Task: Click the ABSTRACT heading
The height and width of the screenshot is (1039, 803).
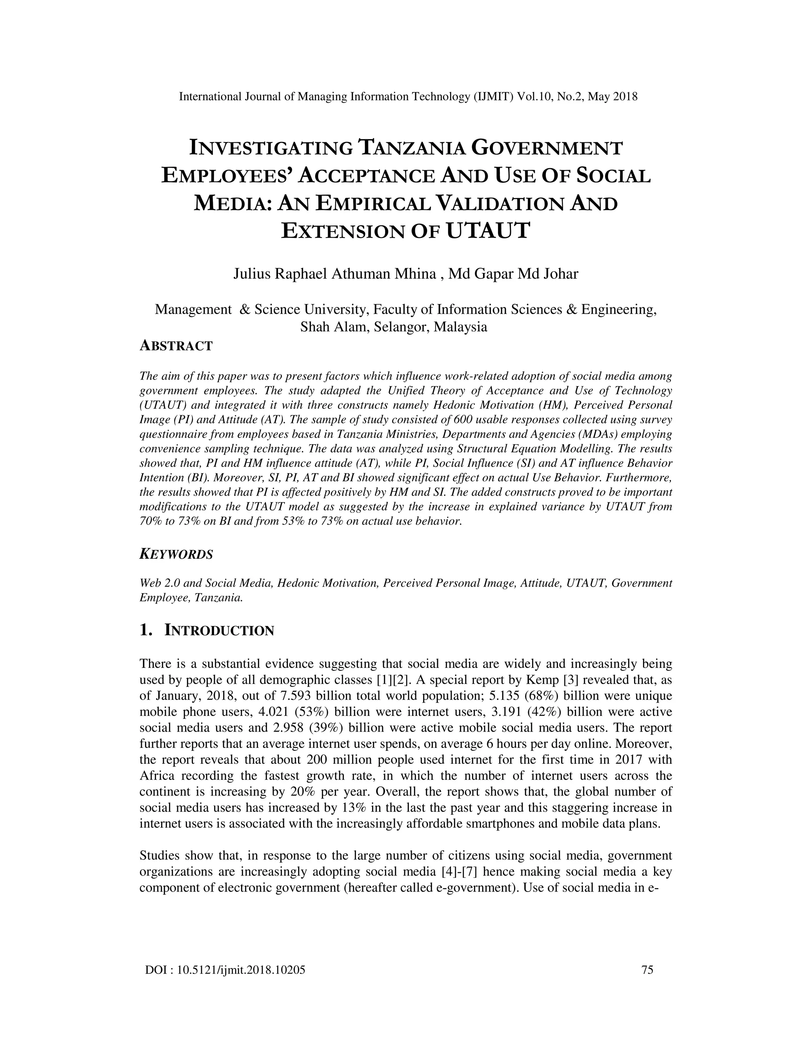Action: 176,346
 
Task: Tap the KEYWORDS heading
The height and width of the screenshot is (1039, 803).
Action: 176,554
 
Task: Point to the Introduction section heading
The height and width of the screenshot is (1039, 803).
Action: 219,630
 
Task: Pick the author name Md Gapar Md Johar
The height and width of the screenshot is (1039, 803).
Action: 514,274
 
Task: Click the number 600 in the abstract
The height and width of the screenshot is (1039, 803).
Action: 463,420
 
